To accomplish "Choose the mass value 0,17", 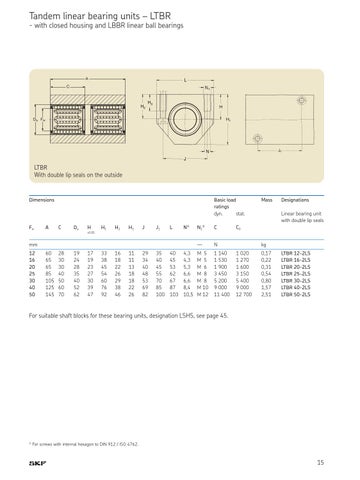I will [266, 256].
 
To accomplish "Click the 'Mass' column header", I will [266, 200].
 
